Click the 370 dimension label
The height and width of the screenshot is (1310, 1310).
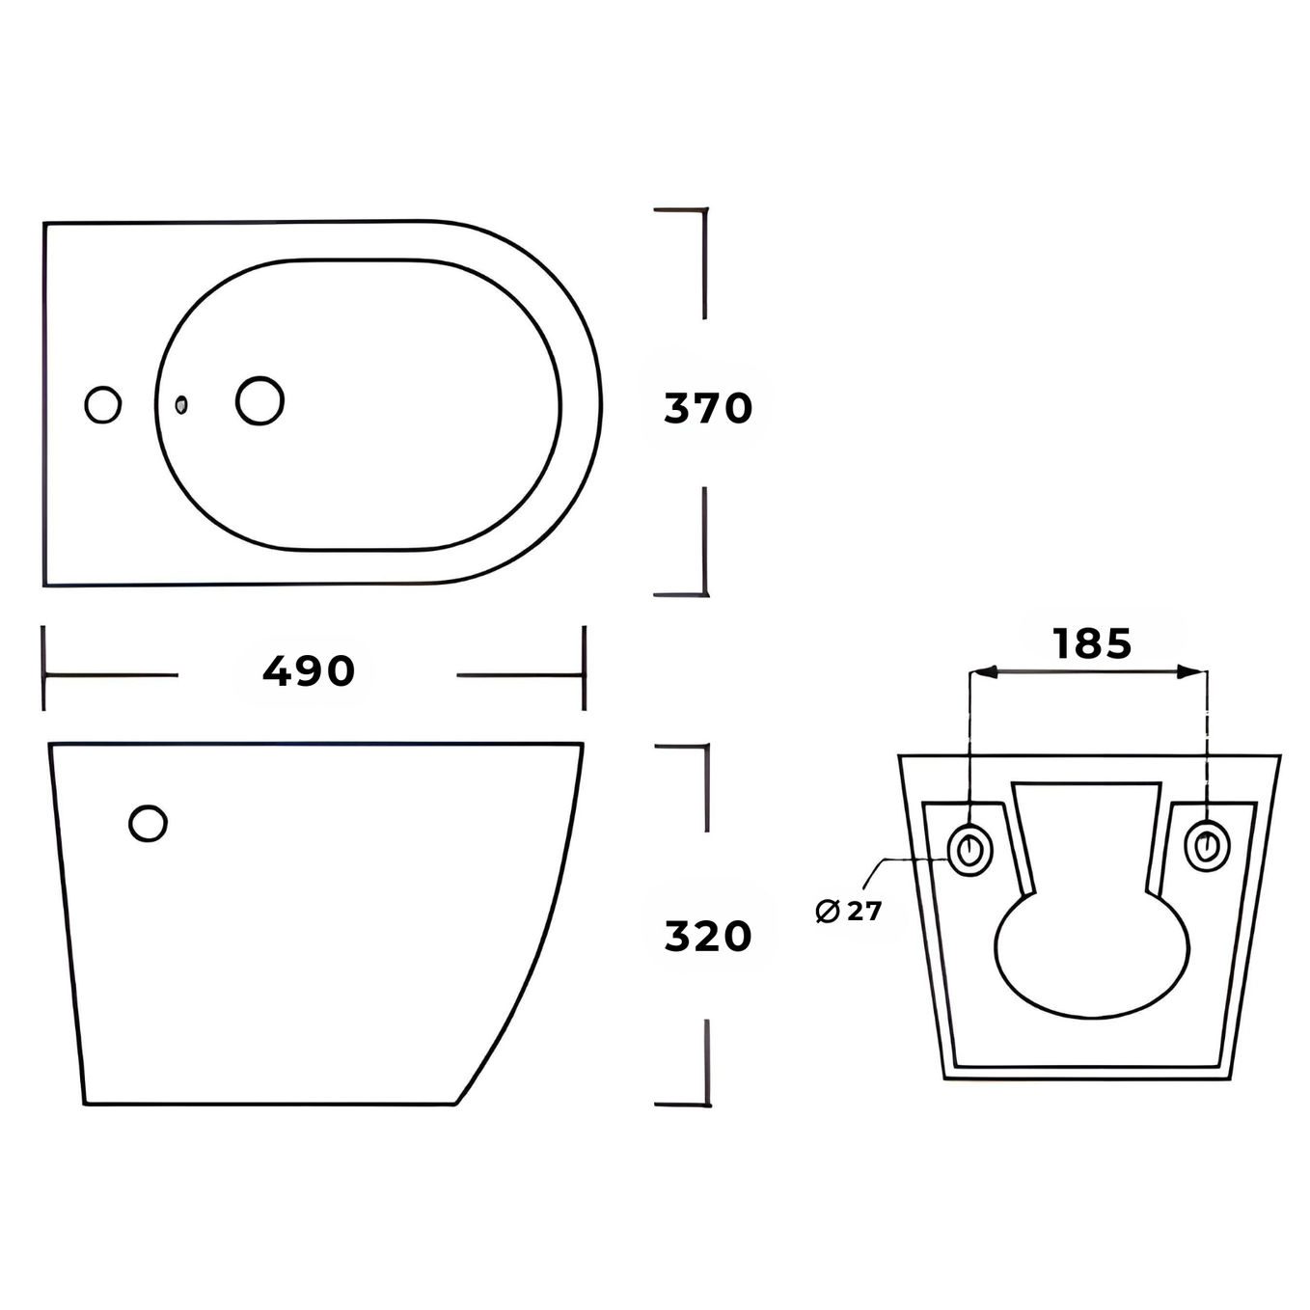point(708,409)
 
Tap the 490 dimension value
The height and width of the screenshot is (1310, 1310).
point(309,671)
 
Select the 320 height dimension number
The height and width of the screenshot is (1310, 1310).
point(708,936)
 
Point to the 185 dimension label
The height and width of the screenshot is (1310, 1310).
point(1092,643)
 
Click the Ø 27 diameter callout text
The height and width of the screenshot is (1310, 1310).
point(848,911)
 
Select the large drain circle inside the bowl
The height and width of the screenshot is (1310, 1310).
point(259,401)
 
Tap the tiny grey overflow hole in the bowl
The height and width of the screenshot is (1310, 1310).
point(180,404)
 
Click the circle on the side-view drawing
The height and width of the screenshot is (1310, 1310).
point(149,823)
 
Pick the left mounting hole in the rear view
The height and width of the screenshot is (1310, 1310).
point(970,848)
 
